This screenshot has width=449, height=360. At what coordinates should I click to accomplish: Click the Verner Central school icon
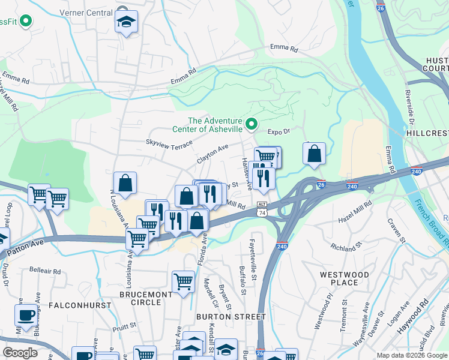point(126,22)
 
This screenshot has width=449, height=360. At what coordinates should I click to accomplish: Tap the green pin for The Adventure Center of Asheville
point(252,124)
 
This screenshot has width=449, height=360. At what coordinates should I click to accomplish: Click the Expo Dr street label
point(279,131)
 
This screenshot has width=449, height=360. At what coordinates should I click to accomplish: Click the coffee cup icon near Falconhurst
point(26,315)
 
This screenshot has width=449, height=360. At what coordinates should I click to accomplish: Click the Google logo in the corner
point(20,353)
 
